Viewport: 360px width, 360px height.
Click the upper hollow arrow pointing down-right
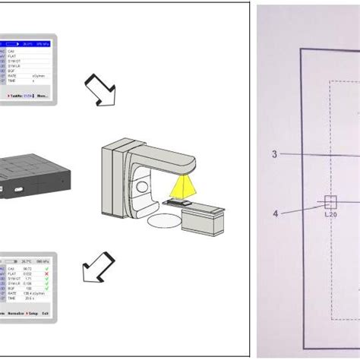click(99, 88)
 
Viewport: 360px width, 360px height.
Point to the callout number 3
click(274, 154)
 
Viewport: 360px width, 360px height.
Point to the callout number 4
click(275, 213)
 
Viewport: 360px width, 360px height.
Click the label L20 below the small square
click(330, 215)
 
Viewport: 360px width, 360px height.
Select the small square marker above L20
click(330, 202)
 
